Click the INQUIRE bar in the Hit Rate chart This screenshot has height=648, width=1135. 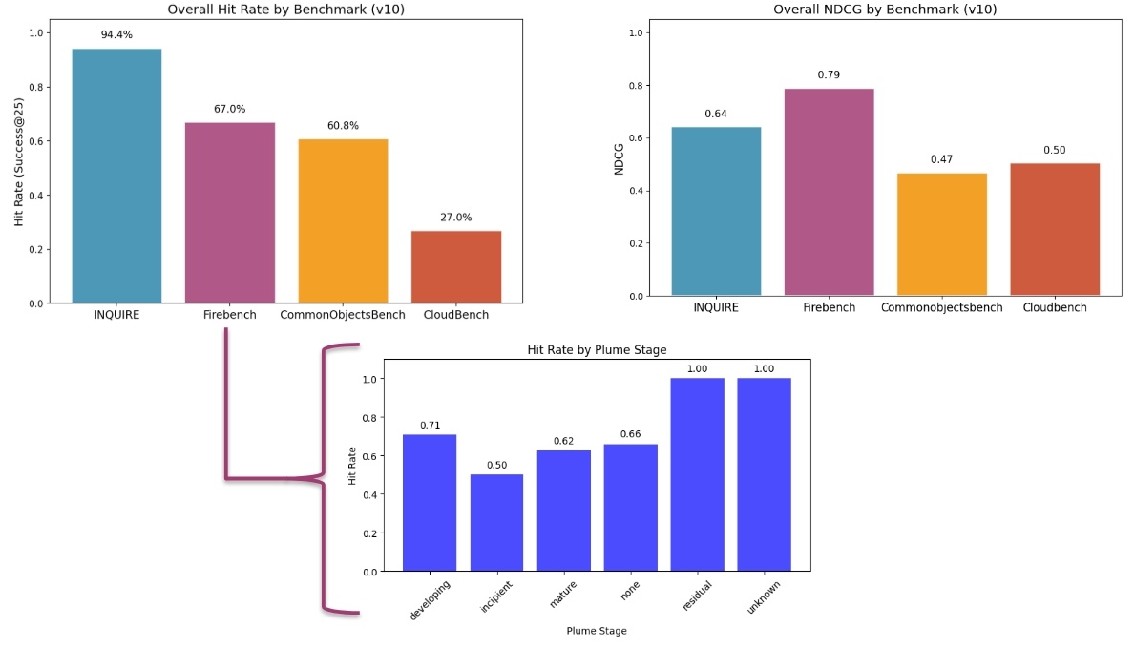[x=116, y=176]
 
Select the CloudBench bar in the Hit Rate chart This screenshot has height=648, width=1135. [x=456, y=266]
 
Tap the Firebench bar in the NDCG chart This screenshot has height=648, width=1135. [x=829, y=191]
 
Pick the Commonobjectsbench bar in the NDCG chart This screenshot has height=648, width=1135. [x=942, y=234]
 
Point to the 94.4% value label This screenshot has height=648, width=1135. [x=116, y=35]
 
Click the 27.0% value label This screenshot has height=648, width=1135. [x=456, y=218]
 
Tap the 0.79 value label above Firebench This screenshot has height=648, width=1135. [x=829, y=74]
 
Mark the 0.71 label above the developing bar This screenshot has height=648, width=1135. [x=430, y=425]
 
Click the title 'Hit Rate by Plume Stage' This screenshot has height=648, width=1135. [x=597, y=350]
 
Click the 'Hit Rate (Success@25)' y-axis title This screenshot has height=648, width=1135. [x=19, y=168]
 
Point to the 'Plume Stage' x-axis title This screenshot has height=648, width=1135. [x=597, y=631]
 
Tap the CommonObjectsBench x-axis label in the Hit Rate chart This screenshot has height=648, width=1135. [x=343, y=315]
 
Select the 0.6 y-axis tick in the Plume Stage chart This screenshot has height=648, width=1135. [x=368, y=455]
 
